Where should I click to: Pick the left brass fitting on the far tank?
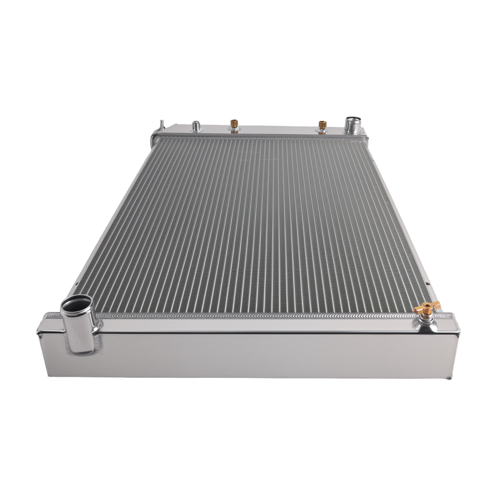point(234,124)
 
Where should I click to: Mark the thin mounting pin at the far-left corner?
point(161,124)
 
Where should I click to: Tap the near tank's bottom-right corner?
point(453,376)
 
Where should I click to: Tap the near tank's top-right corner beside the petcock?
point(450,317)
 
